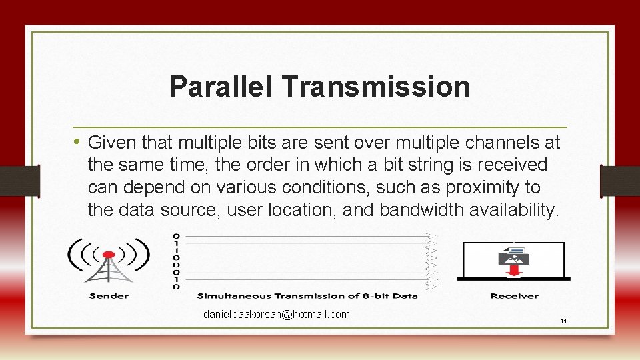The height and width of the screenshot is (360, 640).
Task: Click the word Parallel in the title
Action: (221, 87)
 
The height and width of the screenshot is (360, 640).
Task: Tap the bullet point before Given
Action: (78, 142)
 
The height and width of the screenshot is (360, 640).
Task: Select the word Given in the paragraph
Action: (111, 143)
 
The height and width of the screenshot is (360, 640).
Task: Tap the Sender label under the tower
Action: (109, 295)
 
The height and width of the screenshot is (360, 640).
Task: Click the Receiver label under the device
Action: (514, 295)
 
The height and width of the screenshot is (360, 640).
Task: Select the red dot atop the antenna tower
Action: (109, 255)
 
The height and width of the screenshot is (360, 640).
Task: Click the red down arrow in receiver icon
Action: (514, 271)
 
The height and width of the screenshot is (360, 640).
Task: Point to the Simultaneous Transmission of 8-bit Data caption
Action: (307, 295)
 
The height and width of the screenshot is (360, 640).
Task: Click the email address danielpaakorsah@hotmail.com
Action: (277, 314)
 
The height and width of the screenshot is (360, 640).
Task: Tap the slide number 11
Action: (563, 321)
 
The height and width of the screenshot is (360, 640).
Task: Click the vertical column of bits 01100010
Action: (176, 261)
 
